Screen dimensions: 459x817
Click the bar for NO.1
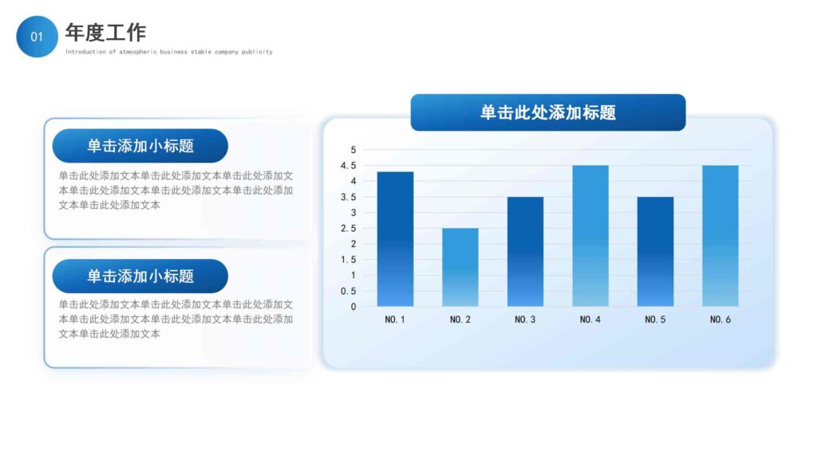pos(395,239)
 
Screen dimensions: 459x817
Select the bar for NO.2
pos(460,267)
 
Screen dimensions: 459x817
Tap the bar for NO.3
pos(525,251)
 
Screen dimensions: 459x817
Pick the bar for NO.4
pos(590,236)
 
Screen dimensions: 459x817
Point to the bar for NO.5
pos(655,251)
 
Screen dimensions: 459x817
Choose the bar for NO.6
pos(720,236)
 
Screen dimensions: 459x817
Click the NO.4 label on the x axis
pos(590,320)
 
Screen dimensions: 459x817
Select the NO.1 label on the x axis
pos(395,320)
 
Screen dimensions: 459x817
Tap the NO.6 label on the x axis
pos(720,320)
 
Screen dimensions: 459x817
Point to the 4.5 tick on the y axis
pos(349,166)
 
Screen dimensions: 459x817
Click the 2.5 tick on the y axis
pos(349,228)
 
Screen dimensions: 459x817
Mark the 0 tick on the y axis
pos(353,306)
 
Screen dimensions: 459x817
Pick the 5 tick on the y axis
pos(353,150)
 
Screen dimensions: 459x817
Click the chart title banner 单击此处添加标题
pos(547,112)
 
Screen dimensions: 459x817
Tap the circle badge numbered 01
pos(37,37)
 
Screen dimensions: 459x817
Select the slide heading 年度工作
pos(105,33)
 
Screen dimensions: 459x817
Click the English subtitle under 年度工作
pos(168,52)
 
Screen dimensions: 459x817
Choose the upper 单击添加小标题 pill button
pos(140,146)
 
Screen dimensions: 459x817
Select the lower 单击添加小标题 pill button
pos(140,276)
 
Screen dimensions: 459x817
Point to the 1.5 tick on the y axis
pos(349,259)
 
